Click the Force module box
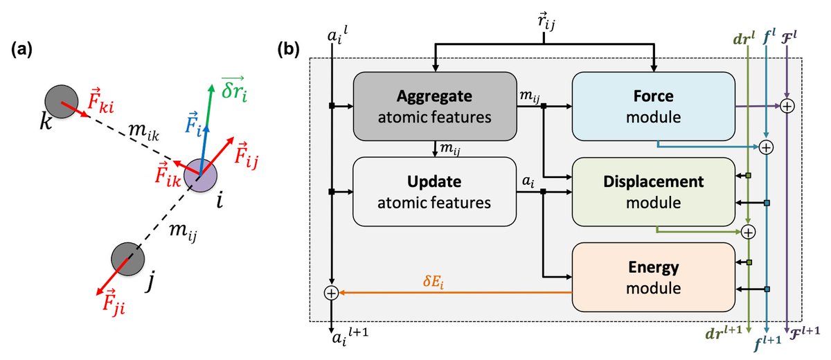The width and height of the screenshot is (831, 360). [x=653, y=107]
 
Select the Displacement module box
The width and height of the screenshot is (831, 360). [x=653, y=192]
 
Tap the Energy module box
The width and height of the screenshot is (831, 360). [x=653, y=277]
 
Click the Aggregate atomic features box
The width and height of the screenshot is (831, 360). [x=435, y=107]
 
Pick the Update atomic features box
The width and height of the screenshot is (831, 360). [x=434, y=192]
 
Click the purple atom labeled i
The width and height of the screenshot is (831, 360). [x=201, y=175]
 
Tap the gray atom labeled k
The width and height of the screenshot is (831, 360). [x=62, y=101]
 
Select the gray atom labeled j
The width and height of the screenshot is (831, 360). [x=128, y=259]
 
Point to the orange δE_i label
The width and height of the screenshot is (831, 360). [x=434, y=281]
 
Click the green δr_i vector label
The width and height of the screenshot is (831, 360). [x=235, y=89]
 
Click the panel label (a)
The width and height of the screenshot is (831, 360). [x=22, y=50]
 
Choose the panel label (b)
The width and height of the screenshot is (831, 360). [x=288, y=50]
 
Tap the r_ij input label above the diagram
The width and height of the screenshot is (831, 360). [x=546, y=21]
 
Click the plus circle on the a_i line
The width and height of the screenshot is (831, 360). [x=331, y=294]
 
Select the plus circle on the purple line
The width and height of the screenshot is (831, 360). [x=787, y=107]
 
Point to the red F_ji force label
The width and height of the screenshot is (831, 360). [x=113, y=303]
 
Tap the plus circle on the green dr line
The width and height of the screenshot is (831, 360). [x=749, y=232]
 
